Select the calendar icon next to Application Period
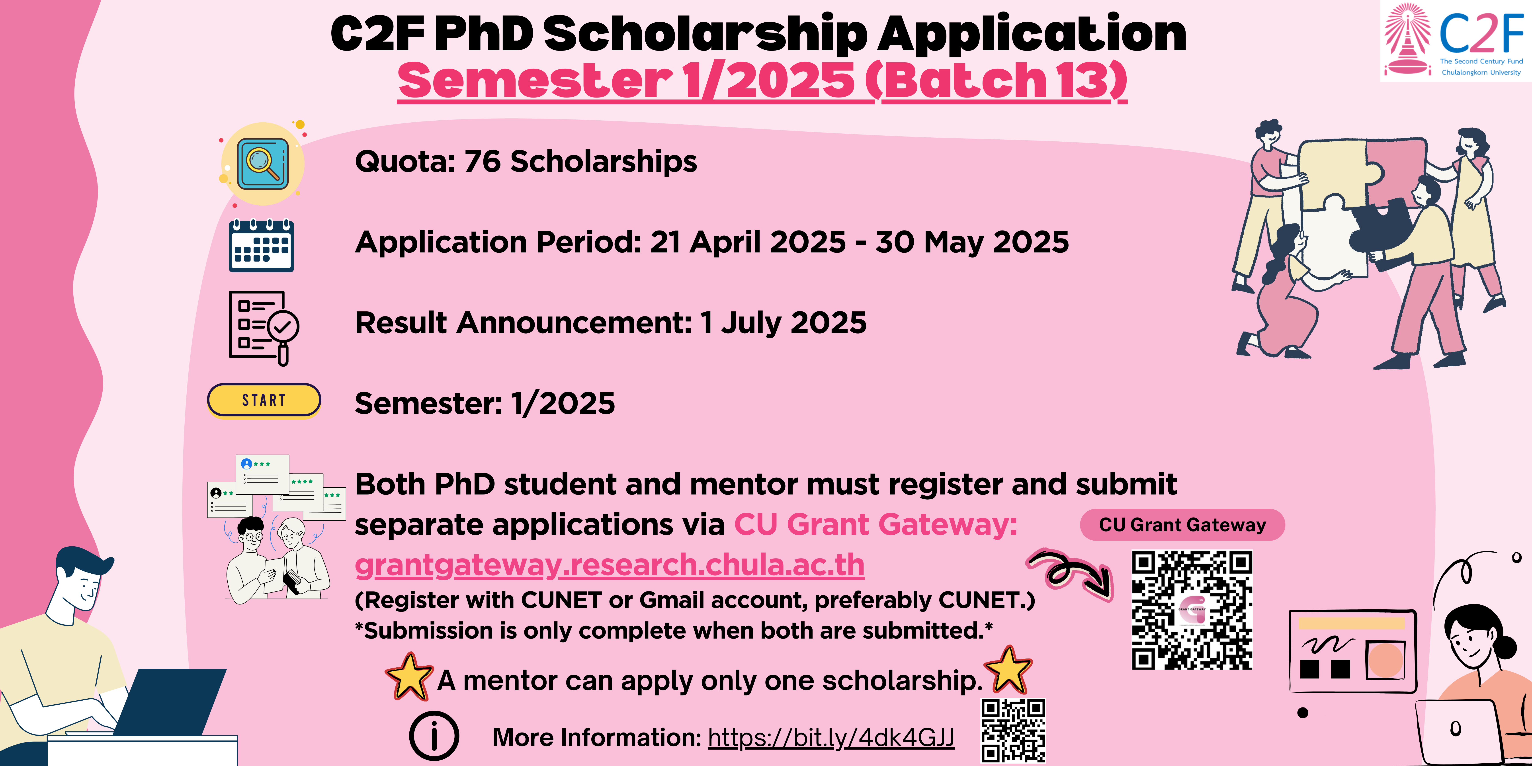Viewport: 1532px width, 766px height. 262,246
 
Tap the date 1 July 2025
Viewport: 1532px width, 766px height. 783,323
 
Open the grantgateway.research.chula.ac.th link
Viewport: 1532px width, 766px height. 610,565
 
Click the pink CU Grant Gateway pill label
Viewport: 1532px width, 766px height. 1182,525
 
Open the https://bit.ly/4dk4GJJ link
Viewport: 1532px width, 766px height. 831,737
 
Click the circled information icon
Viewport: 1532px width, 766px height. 434,736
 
